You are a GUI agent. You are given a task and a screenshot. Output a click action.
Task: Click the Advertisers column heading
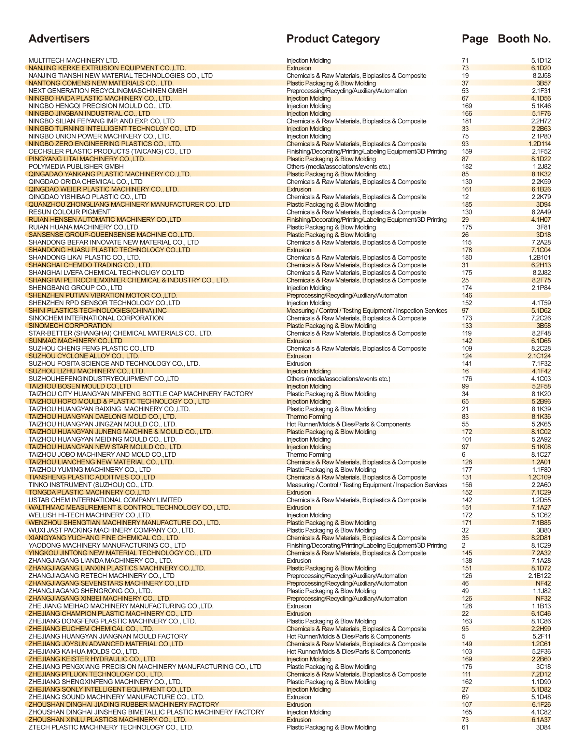point(59,39)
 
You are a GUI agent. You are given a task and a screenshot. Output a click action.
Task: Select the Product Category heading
point(333,39)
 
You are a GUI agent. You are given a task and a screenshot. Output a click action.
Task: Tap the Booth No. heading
point(524,39)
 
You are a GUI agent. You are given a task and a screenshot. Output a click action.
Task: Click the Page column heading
point(475,39)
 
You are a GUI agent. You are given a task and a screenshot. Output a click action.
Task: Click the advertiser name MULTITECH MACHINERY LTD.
point(74,60)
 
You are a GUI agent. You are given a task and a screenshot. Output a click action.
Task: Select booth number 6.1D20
point(541,68)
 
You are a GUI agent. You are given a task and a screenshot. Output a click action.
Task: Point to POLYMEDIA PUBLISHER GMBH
point(76,167)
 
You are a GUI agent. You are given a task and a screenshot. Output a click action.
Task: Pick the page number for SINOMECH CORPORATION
point(466,326)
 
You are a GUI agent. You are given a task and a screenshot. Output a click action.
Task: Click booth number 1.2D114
point(539,144)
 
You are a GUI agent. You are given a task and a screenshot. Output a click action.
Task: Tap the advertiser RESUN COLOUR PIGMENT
point(70,212)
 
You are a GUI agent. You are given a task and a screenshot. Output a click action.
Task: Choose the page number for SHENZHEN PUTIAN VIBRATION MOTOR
point(466,296)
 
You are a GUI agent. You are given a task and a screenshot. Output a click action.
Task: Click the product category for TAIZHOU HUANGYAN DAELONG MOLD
point(308,416)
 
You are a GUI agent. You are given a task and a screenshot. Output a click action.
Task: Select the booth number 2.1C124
point(539,356)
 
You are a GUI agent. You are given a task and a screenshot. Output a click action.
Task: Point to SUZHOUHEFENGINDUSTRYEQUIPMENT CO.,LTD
point(103,379)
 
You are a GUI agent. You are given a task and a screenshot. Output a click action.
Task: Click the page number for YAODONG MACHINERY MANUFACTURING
point(464,545)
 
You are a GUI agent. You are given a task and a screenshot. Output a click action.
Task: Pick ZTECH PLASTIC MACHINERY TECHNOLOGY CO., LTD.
point(111,727)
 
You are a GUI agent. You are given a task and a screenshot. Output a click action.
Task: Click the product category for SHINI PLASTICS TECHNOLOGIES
point(366,311)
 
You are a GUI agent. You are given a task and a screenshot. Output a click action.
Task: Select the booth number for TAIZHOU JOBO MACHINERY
point(541,455)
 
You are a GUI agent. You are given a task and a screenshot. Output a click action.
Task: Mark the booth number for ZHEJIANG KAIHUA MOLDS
point(541,652)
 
